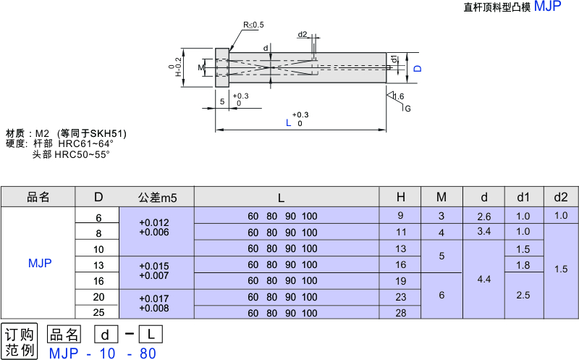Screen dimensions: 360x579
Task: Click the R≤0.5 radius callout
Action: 254,25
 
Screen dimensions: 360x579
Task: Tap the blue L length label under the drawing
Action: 288,123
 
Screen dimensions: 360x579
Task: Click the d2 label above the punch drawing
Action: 303,34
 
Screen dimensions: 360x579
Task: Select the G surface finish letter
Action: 407,109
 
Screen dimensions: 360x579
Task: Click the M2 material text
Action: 42,133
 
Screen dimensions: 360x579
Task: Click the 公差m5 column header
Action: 157,197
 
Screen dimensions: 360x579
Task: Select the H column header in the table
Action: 400,197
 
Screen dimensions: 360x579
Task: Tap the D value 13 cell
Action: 98,264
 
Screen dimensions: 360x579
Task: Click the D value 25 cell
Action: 98,312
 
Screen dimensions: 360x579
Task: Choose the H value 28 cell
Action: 400,312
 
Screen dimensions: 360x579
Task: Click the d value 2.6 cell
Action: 484,217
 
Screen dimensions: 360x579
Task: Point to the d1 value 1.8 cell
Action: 523,264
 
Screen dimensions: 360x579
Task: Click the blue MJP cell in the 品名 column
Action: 39,263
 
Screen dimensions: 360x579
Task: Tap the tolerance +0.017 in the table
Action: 154,297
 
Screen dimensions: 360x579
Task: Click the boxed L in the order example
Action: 151,335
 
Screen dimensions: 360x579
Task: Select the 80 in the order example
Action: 147,353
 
